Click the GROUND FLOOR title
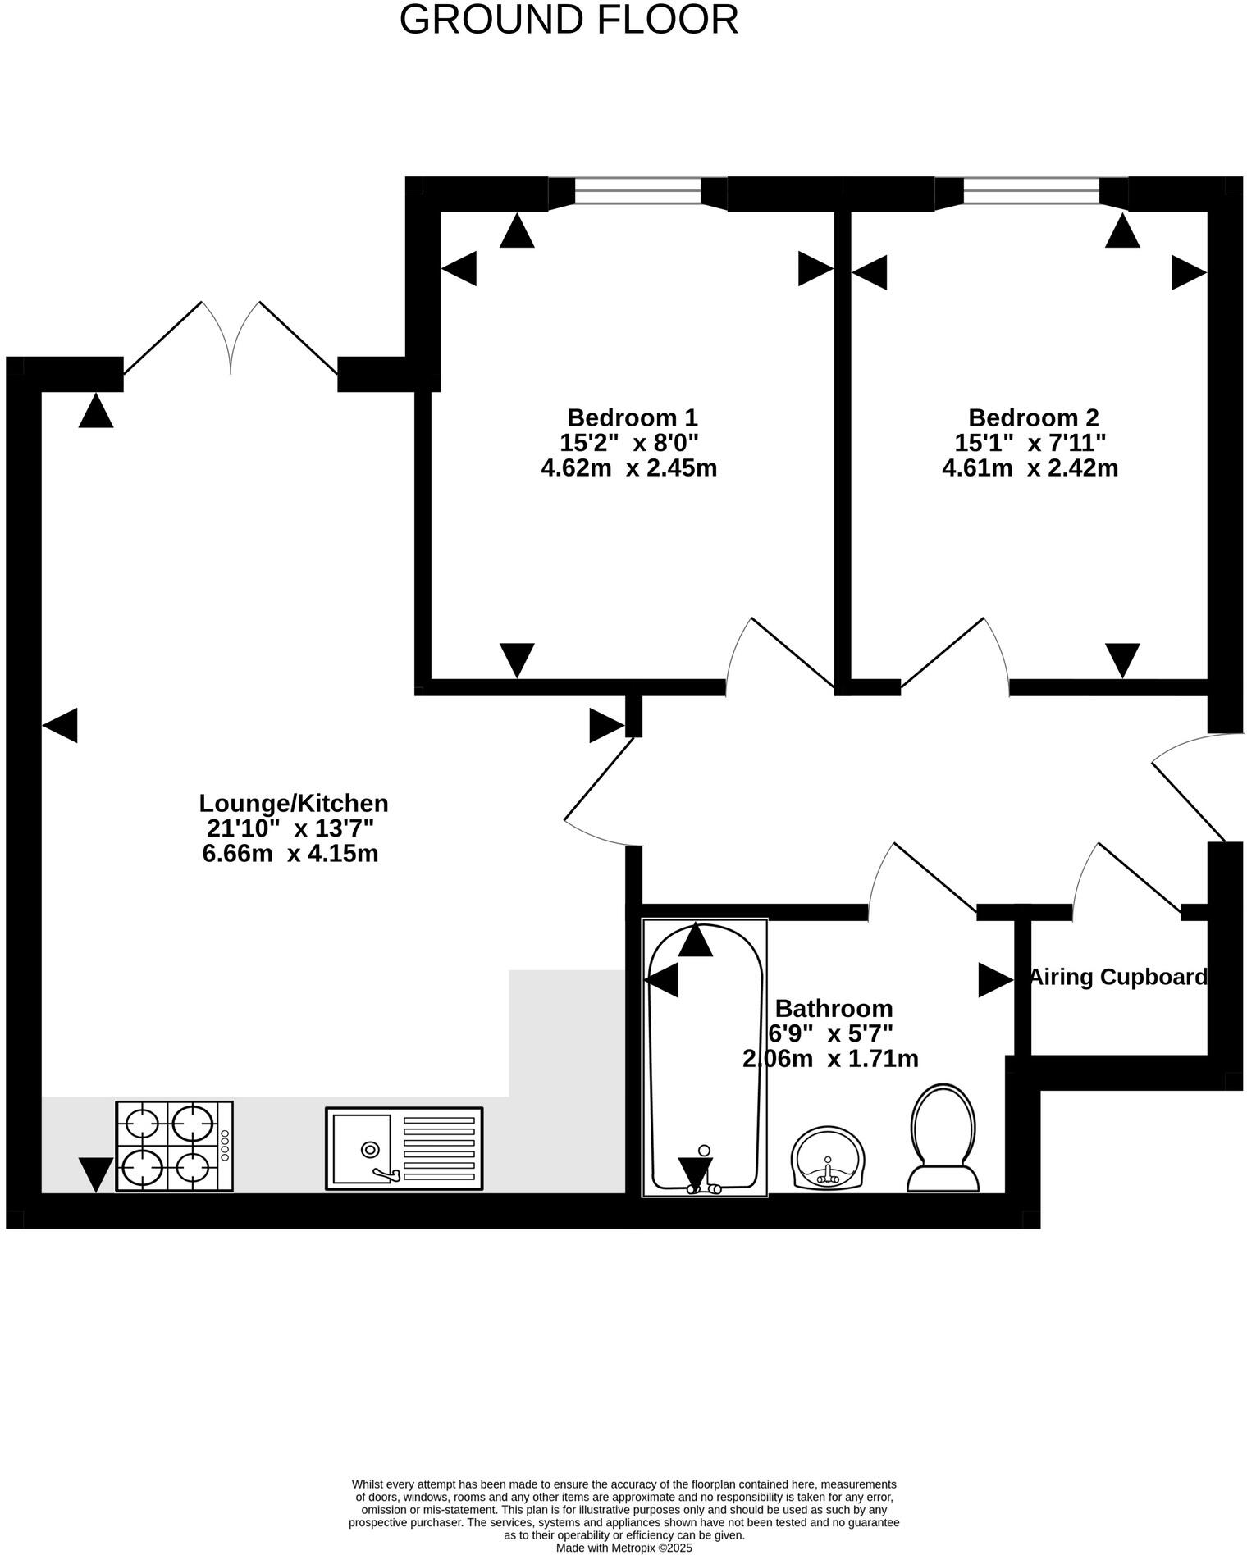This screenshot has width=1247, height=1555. [x=569, y=20]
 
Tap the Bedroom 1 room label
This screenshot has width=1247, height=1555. [x=632, y=417]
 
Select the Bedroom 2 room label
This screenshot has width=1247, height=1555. [x=1033, y=417]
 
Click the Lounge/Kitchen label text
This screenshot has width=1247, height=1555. [x=294, y=802]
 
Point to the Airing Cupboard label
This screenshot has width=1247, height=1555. [x=1117, y=977]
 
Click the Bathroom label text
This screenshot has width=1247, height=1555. [x=834, y=1007]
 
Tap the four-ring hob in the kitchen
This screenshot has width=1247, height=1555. [x=174, y=1146]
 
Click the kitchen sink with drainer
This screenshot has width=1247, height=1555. [x=404, y=1147]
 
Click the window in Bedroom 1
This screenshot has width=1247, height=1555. [x=637, y=192]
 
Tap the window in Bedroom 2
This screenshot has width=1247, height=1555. [x=1031, y=192]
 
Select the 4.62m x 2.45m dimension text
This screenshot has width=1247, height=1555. [x=628, y=468]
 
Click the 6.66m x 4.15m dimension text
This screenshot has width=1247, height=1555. [x=290, y=854]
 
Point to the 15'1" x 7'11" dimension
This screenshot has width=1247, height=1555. [x=1030, y=443]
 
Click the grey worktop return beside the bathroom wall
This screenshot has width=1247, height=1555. [x=566, y=1033]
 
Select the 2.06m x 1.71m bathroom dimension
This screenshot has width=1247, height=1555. [x=830, y=1059]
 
